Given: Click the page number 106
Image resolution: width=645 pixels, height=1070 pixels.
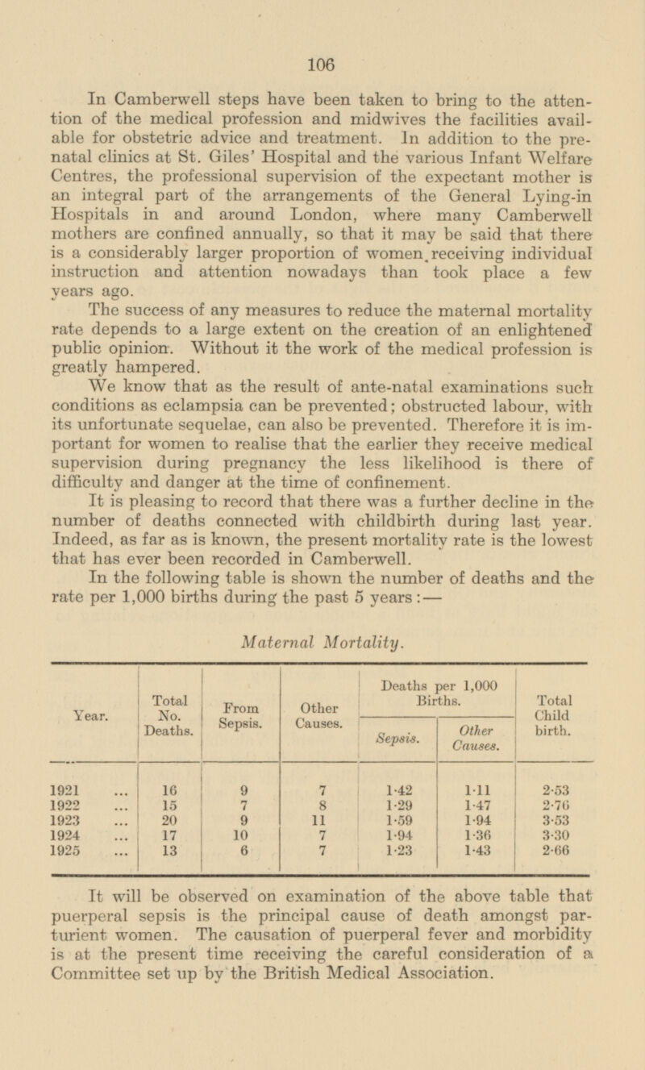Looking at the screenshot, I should click(x=325, y=60).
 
